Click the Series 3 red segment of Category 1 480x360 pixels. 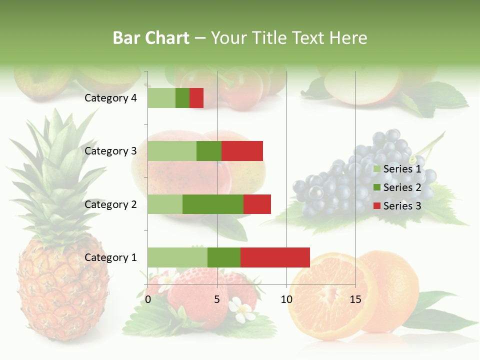tap(275, 257)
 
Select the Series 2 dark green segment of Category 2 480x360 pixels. tap(213, 204)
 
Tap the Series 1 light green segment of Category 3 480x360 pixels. tap(172, 151)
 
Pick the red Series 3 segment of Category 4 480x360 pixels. tap(196, 98)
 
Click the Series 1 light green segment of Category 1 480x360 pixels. tap(177, 257)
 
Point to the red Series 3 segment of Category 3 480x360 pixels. tap(242, 151)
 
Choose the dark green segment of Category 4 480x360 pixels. tap(182, 98)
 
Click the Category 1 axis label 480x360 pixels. tap(110, 257)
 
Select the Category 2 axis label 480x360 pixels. tap(110, 204)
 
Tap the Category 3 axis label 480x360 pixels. tap(110, 151)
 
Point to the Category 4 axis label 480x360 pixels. tap(110, 98)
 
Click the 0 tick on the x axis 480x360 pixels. tap(148, 299)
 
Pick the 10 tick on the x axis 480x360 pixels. tap(286, 299)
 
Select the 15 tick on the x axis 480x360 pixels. tap(355, 299)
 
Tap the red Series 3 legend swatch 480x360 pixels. tap(377, 206)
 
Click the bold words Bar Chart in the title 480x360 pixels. tap(151, 38)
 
